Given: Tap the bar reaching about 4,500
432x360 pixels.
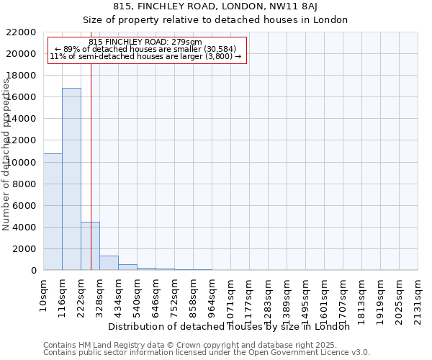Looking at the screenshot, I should pyautogui.click(x=90, y=246).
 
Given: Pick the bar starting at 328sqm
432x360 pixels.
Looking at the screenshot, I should pyautogui.click(x=109, y=263).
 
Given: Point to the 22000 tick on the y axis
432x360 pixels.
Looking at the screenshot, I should pyautogui.click(x=21, y=32).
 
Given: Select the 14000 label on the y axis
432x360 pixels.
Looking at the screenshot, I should pyautogui.click(x=21, y=119).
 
